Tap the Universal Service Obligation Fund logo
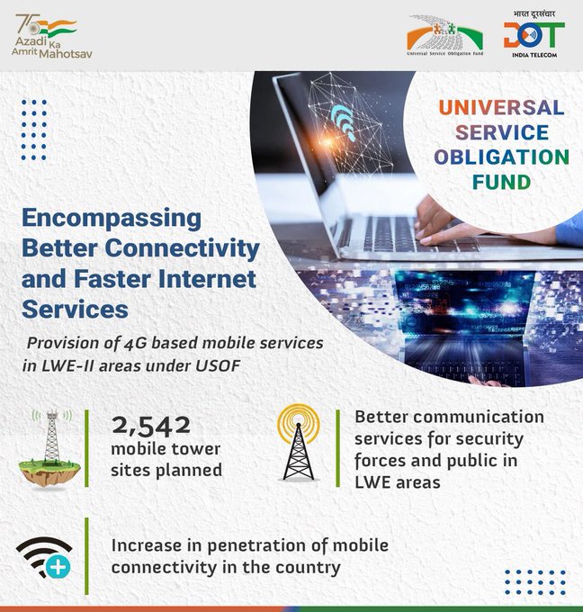444,36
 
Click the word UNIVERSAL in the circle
502,108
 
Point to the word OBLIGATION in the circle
501,157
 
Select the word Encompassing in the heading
112,219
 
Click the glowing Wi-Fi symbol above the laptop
344,117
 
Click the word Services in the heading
74,308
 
